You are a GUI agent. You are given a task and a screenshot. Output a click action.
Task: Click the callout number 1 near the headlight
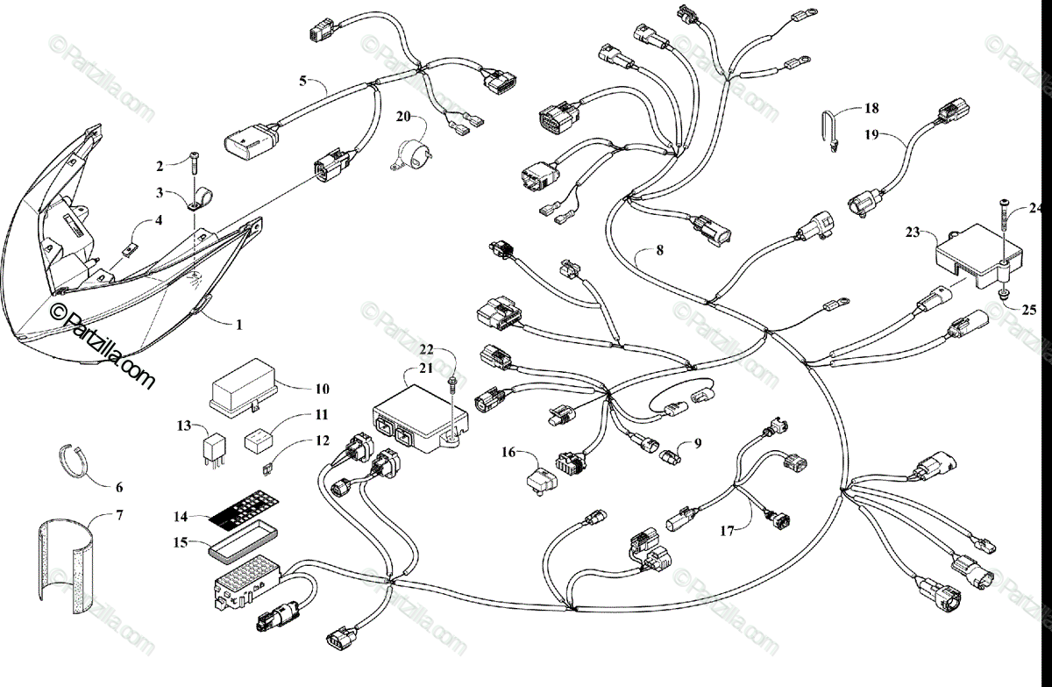(x=238, y=324)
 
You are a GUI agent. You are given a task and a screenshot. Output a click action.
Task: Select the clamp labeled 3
(x=198, y=197)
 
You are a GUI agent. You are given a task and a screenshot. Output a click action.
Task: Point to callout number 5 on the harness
(x=302, y=81)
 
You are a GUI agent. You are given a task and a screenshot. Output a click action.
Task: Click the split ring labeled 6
(x=77, y=462)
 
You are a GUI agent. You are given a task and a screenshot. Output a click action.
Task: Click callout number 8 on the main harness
(x=660, y=250)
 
